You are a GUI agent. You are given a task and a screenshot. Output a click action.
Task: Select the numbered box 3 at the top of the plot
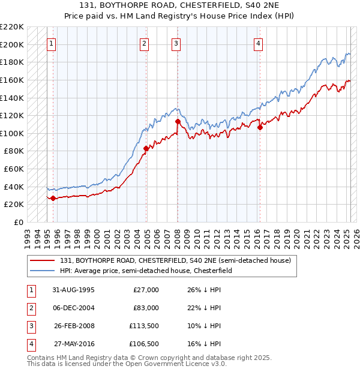point(176,43)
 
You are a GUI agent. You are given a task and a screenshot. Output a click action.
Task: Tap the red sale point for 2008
point(178,122)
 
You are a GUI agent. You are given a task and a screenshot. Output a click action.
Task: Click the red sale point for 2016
point(260,127)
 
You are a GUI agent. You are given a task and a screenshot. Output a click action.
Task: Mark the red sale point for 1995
point(53,198)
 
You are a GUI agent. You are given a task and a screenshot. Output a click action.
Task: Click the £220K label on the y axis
point(12,27)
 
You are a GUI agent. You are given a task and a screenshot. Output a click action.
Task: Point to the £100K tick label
point(12,133)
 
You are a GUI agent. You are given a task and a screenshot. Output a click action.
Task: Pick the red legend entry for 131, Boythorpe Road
point(175,260)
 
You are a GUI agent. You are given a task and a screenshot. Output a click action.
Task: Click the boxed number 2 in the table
point(29,308)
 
